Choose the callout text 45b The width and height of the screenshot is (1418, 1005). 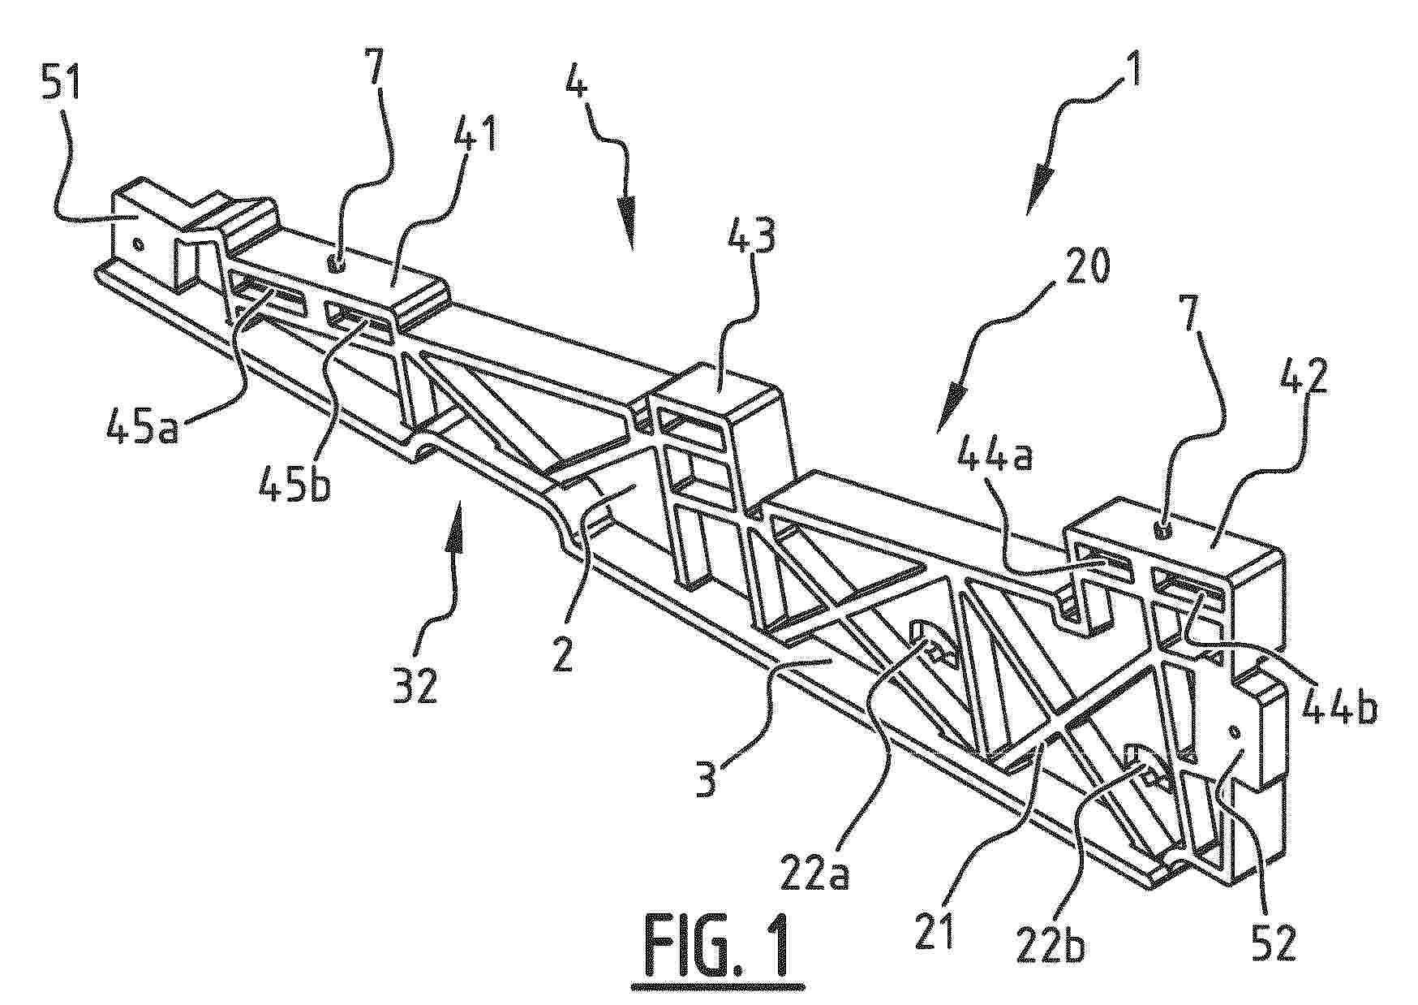pos(287,474)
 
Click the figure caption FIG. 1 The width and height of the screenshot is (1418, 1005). pos(708,945)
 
